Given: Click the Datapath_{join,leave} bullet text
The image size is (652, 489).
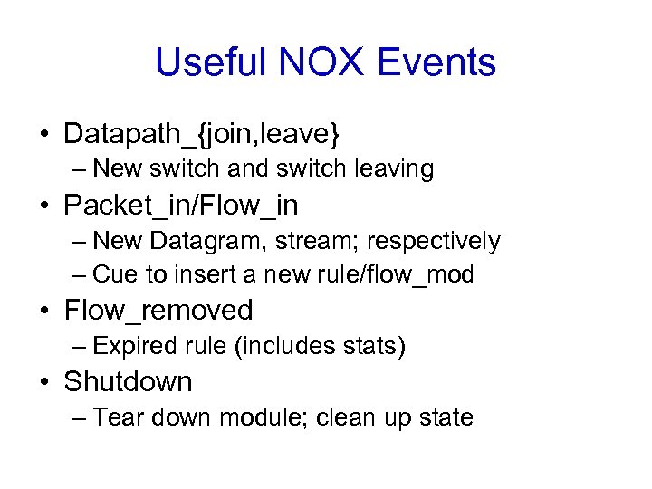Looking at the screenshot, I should (x=202, y=135).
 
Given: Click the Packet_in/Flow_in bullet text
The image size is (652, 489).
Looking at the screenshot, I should (x=180, y=206).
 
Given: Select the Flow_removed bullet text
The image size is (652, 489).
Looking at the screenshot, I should (x=158, y=311).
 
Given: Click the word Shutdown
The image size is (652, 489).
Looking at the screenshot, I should (x=128, y=381).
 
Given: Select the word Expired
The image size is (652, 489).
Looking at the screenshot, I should (x=135, y=346).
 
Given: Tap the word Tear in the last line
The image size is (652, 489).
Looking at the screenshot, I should (x=115, y=417).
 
